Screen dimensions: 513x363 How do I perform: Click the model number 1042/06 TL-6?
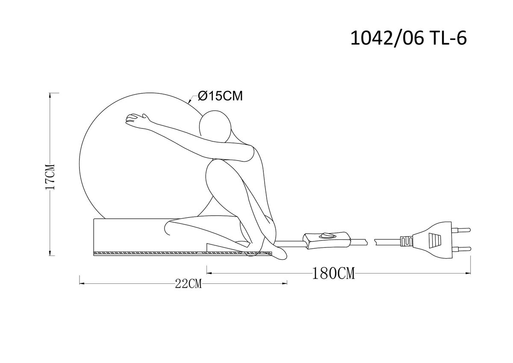409,38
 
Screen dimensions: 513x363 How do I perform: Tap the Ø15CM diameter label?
220,96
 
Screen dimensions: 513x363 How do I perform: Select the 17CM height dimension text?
50,177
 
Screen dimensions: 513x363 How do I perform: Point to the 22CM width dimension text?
188,284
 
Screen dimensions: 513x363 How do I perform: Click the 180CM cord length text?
333,274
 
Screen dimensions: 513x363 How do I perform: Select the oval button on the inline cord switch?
327,235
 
